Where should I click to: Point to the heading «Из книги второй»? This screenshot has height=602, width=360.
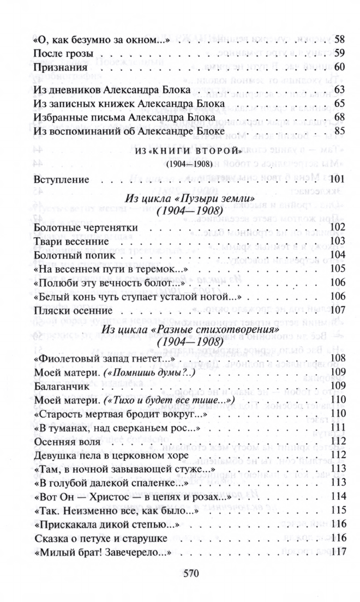point(188,150)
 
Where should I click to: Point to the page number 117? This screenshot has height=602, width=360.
point(339,553)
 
